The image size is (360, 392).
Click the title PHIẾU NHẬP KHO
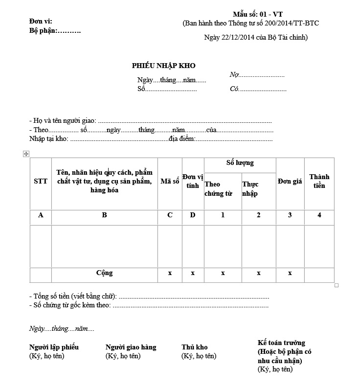click(x=163, y=66)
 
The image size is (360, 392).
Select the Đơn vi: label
click(x=41, y=22)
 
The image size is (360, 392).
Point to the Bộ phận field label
click(x=55, y=31)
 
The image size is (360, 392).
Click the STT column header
click(x=41, y=181)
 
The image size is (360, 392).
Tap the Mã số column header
click(x=170, y=181)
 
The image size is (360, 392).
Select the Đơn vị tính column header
click(x=193, y=181)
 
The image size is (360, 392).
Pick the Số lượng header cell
click(x=240, y=163)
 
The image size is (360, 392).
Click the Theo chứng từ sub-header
click(x=218, y=189)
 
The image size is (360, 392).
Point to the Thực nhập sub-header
click(x=250, y=189)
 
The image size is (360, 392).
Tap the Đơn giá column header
click(x=290, y=181)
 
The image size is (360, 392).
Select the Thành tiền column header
click(x=319, y=181)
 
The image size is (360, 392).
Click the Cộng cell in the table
click(x=104, y=273)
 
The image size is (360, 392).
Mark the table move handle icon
click(x=26, y=154)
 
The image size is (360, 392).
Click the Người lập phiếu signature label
click(x=54, y=347)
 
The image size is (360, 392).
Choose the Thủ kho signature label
click(x=194, y=347)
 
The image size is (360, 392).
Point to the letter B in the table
click(x=104, y=215)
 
